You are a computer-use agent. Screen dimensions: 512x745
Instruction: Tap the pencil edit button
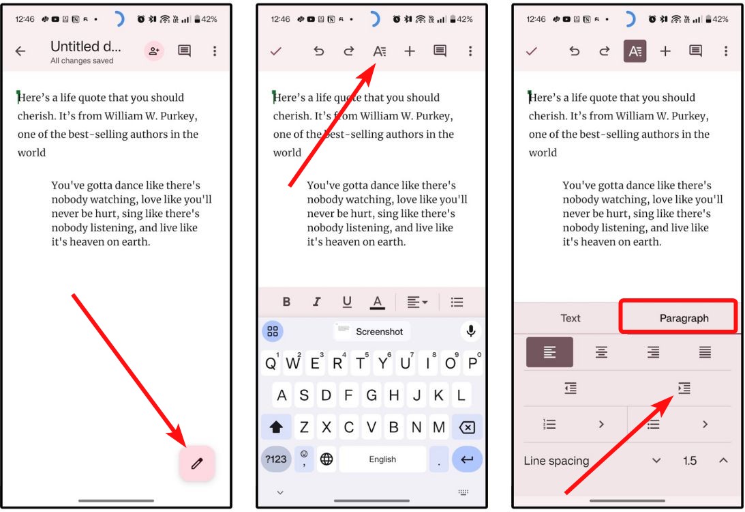[197, 464]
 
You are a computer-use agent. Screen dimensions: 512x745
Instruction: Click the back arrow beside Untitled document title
[20, 51]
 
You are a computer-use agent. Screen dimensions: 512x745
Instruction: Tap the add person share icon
[153, 51]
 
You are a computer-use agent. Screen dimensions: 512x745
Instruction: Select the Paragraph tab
[684, 318]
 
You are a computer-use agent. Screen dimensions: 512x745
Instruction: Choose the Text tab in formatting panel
[570, 318]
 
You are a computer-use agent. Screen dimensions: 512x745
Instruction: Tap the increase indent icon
[684, 388]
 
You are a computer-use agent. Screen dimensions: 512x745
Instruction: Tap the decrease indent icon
[571, 388]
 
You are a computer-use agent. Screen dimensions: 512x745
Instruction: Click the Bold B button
[286, 302]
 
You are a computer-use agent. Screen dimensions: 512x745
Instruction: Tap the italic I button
[316, 302]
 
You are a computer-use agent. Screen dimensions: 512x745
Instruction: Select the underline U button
[347, 302]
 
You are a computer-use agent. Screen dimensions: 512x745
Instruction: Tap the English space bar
[382, 459]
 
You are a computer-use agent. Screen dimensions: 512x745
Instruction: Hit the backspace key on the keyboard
[467, 428]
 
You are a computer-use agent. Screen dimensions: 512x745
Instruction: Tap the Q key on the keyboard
[271, 364]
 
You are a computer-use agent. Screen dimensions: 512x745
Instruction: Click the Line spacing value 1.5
[690, 461]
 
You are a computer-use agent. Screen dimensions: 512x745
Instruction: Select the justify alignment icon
[705, 352]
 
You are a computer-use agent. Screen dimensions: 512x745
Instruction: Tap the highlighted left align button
[549, 352]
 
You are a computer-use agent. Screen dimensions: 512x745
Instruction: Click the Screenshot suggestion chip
[371, 332]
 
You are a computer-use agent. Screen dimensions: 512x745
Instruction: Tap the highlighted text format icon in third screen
[635, 51]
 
